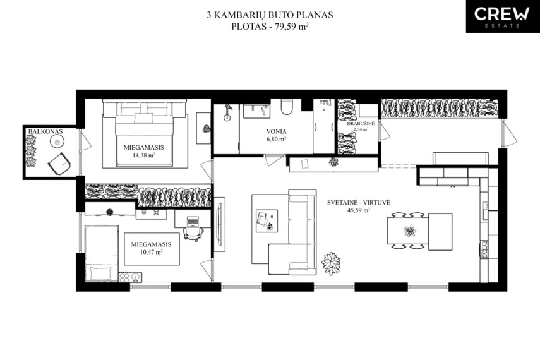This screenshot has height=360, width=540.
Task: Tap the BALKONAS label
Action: pos(45,131)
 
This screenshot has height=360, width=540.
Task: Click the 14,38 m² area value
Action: pos(143,155)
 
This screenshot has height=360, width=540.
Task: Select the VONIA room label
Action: pos(276,131)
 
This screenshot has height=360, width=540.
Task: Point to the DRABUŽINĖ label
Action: pos(361,123)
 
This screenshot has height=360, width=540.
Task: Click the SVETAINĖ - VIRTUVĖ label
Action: pos(359,203)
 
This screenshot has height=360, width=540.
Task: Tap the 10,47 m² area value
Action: pos(151,252)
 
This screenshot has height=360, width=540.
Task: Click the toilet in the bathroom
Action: pos(286,107)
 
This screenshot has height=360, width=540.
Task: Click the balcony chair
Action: pos(59,164)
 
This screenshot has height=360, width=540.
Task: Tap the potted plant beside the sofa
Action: pos(331,263)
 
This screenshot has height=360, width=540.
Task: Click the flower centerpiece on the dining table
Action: pos(410,231)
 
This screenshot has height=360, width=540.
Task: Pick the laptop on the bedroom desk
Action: pos(193,221)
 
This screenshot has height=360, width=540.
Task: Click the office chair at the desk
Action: pos(191,234)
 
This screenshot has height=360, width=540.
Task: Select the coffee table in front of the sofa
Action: pos(267,220)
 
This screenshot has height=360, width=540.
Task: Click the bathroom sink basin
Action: pos(256,111)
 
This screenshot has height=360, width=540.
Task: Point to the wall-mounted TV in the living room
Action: pos(219,224)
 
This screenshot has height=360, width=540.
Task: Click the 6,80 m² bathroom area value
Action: pos(276,139)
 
